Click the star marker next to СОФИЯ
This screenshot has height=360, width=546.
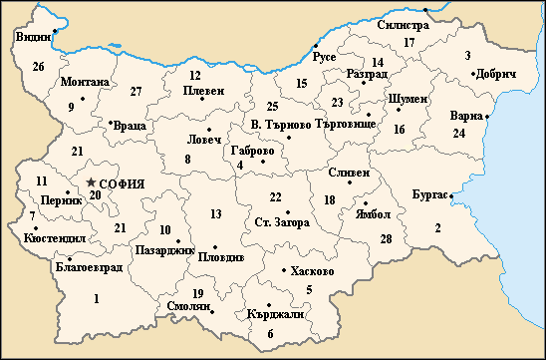[x=92, y=182]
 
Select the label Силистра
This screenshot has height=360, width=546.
[x=389, y=25]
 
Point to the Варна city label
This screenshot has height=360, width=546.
[x=466, y=115]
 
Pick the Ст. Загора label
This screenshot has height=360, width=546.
[x=282, y=221]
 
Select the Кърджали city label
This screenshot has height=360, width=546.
[x=274, y=313]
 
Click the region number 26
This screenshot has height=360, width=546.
[x=38, y=67]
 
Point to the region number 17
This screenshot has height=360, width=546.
[x=409, y=42]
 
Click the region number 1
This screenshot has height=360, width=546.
[x=97, y=298]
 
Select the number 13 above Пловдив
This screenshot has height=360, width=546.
[x=215, y=214]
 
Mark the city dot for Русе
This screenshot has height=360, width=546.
[x=315, y=47]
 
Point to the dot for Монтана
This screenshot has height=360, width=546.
[x=83, y=97]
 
